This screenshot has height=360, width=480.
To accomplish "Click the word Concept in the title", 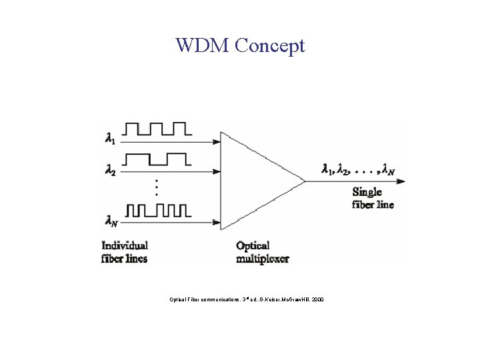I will pos(270,46).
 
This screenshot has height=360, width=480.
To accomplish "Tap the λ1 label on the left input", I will pos(110,139).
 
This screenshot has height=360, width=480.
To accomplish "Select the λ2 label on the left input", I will pos(110,171).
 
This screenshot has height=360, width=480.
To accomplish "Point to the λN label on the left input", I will pos(111,219).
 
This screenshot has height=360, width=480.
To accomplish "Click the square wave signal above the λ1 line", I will pos(158,128).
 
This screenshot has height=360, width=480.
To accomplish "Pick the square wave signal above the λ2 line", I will pos(158,159).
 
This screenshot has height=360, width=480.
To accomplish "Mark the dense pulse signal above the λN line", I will pos(158,211).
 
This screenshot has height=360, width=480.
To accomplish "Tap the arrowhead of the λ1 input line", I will pos(217,141).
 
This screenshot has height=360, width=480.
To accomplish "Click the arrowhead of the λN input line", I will pos(217,222).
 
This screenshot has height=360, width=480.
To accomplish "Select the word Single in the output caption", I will pos(367,193).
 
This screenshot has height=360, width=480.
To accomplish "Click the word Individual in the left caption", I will pos(125,246).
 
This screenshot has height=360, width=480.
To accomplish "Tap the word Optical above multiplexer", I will pos(254,246).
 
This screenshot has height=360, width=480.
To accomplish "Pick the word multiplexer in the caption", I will pos(263,258).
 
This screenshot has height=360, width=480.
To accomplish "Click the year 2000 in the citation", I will pos(317,299).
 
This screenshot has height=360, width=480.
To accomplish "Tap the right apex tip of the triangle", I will pos(305,181).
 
